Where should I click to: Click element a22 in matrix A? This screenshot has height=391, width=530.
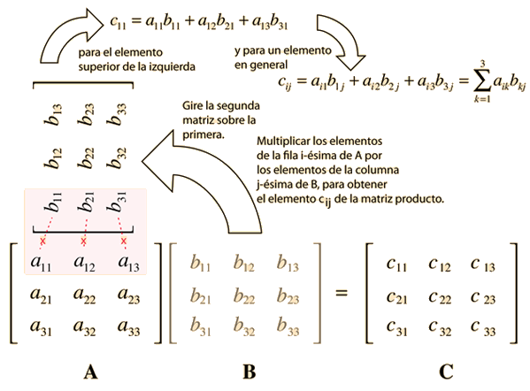click(x=85, y=295)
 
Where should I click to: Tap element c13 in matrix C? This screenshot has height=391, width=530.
click(x=482, y=264)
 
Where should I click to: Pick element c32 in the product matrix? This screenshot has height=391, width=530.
click(x=440, y=328)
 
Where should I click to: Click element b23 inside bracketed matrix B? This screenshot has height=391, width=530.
click(x=288, y=296)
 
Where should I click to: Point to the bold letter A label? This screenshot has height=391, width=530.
click(x=90, y=372)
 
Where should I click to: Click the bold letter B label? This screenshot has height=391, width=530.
click(x=250, y=372)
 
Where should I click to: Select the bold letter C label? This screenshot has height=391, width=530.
click(x=446, y=372)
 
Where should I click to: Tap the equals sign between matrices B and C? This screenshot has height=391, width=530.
click(x=342, y=293)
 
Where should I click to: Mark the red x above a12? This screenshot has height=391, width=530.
click(x=84, y=241)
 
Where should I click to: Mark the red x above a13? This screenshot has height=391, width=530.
click(x=124, y=241)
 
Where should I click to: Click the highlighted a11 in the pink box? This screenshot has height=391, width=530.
click(x=41, y=264)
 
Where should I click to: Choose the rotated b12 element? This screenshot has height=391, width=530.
click(x=53, y=158)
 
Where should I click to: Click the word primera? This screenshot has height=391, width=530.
click(x=204, y=134)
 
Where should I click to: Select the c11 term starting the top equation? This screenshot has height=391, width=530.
click(x=118, y=22)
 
